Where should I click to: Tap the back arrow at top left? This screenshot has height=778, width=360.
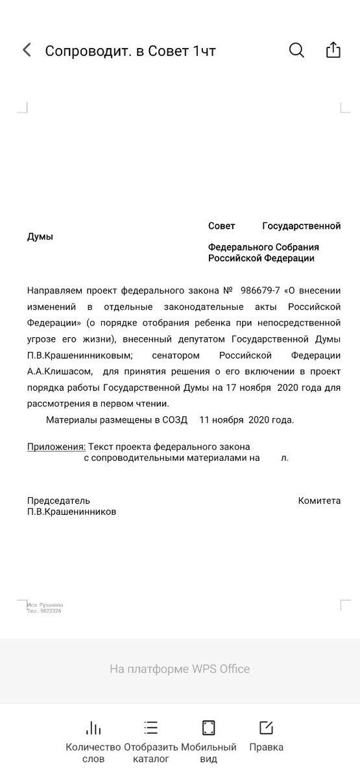click(27, 51)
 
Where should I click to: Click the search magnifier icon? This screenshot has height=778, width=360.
click(296, 51)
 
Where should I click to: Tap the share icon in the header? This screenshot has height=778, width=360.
click(333, 51)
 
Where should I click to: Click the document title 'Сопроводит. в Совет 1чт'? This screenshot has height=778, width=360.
click(130, 51)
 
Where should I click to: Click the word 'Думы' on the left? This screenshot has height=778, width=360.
click(40, 237)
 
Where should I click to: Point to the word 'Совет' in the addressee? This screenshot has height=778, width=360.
click(222, 226)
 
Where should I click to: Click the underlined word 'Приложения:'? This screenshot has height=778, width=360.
click(56, 447)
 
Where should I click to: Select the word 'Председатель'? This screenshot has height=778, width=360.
click(58, 501)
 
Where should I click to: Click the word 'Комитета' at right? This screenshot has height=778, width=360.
click(319, 501)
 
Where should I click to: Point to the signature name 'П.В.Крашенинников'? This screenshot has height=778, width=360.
click(72, 512)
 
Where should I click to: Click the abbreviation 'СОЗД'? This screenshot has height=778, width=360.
click(175, 419)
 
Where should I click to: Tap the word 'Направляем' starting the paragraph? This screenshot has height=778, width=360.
click(56, 290)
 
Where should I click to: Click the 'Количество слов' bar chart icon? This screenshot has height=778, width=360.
click(93, 727)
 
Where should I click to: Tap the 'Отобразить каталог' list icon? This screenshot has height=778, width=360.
click(151, 727)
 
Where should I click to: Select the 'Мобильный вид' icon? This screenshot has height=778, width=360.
click(209, 727)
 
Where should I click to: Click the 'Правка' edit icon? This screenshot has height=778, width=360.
click(266, 727)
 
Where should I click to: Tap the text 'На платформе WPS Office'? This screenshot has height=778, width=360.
click(180, 669)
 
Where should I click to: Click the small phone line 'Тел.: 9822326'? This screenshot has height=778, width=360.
click(44, 611)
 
